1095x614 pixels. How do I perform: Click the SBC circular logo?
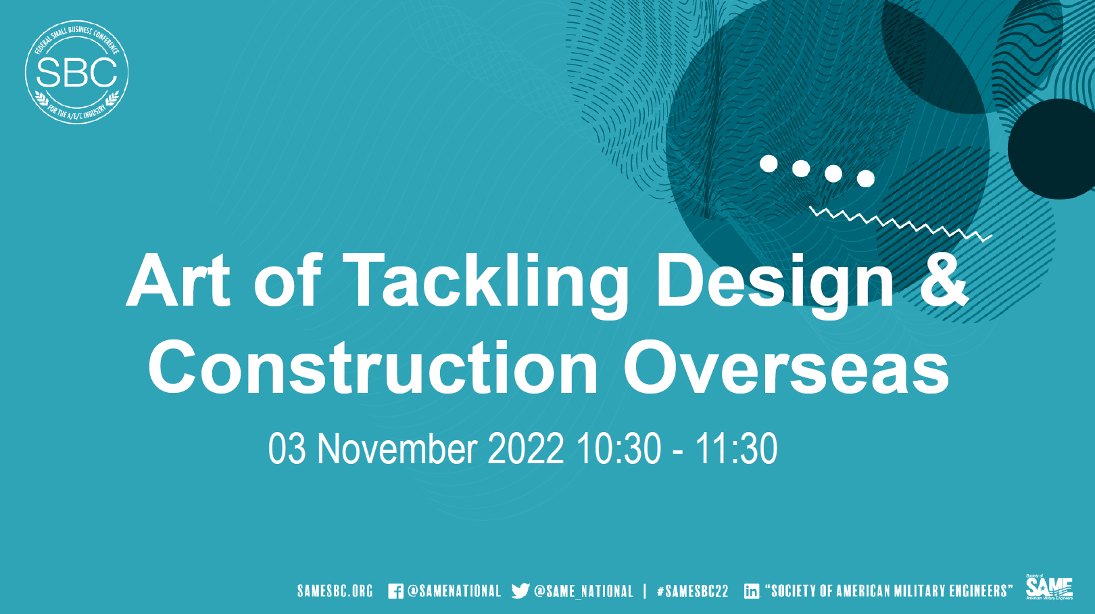76,72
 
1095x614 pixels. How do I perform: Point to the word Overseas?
785,369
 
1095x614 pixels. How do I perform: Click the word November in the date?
397,448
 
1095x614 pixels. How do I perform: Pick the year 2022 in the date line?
525,448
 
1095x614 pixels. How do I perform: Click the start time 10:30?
618,448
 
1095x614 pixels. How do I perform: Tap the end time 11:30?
736,448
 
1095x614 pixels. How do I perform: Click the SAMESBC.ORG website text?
335,591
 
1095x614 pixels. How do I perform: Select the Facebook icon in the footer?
395,592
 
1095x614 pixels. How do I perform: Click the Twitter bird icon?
520,591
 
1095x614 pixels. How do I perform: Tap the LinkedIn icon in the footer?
752,591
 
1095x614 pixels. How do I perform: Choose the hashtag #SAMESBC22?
693,591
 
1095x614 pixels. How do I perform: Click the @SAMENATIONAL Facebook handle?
454,591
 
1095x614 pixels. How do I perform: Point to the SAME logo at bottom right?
1049,587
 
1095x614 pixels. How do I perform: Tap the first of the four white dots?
769,163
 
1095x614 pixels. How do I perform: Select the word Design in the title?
775,281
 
